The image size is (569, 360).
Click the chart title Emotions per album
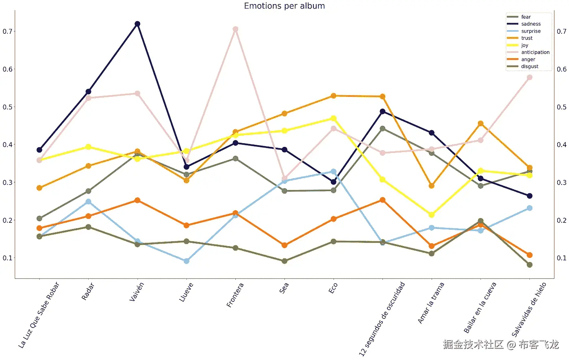click(x=284, y=6)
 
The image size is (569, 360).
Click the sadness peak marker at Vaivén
click(x=137, y=24)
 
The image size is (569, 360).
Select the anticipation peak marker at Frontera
click(x=235, y=29)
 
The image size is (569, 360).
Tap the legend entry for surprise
click(x=531, y=31)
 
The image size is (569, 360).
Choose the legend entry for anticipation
click(x=535, y=52)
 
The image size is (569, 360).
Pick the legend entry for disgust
click(x=530, y=67)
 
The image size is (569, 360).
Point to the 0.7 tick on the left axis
click(x=8, y=31)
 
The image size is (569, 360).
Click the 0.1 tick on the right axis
click(x=562, y=258)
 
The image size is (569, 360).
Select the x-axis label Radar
click(x=88, y=291)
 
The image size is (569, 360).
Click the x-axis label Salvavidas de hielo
click(x=528, y=309)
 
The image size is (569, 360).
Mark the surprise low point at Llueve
click(x=187, y=261)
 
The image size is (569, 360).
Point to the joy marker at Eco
click(x=333, y=118)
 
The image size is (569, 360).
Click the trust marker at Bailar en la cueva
click(x=481, y=124)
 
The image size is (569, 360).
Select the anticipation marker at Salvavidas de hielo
click(x=530, y=77)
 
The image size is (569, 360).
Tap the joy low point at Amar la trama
click(x=432, y=215)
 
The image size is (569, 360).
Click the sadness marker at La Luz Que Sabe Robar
click(x=39, y=150)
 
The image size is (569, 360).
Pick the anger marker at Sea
click(x=284, y=245)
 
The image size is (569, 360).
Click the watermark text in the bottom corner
click(x=501, y=345)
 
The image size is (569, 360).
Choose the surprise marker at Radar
click(x=89, y=202)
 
